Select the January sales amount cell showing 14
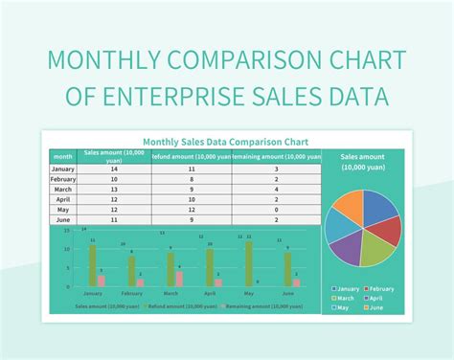(x=113, y=168)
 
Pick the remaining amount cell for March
(x=275, y=189)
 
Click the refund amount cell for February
(x=192, y=178)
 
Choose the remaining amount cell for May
(x=275, y=210)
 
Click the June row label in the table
(x=62, y=220)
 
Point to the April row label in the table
(x=62, y=199)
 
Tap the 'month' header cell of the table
(x=62, y=155)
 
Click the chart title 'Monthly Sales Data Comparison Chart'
(x=225, y=141)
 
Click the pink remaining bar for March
(x=179, y=279)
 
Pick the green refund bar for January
(x=93, y=265)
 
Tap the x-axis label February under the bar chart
(x=132, y=294)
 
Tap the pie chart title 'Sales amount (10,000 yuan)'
(x=362, y=161)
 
